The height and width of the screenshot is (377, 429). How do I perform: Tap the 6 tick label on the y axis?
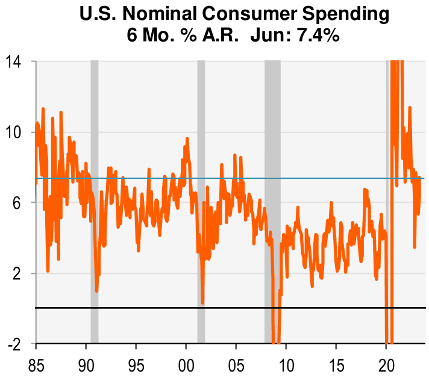(x=20, y=203)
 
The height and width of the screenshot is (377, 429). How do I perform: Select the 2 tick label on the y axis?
(x=20, y=273)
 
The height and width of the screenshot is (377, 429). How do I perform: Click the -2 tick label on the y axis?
(x=17, y=344)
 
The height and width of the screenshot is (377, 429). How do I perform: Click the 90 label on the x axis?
(x=86, y=364)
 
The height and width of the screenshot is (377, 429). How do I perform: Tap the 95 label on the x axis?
(x=136, y=364)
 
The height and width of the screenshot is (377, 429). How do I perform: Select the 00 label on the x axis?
(x=186, y=364)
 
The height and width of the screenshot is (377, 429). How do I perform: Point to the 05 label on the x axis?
(x=236, y=364)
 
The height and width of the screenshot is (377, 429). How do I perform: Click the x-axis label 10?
(x=286, y=364)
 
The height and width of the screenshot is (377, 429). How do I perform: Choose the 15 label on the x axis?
(x=336, y=364)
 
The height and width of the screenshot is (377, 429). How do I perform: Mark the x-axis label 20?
(x=386, y=364)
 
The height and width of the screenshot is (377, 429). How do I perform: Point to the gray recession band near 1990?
(x=95, y=181)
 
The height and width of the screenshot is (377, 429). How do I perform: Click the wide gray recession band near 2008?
(x=272, y=181)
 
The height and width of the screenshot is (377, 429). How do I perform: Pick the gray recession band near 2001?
(x=201, y=181)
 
